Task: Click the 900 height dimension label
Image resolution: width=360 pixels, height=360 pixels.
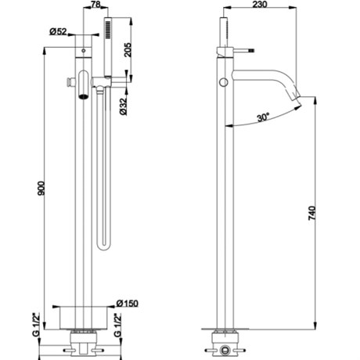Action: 41,189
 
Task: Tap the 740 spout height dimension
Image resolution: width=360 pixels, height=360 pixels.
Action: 312,213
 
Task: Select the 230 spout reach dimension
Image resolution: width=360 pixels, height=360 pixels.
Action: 260,5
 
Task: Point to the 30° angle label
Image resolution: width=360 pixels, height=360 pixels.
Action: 263,117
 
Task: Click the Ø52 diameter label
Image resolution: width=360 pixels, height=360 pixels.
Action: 58,31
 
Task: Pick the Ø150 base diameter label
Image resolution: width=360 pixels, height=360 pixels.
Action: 128,304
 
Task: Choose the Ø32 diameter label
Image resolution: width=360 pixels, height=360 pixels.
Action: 123,106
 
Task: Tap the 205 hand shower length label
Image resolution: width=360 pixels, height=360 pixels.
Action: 128,49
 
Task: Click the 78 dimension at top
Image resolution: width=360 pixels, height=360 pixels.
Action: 95,4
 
